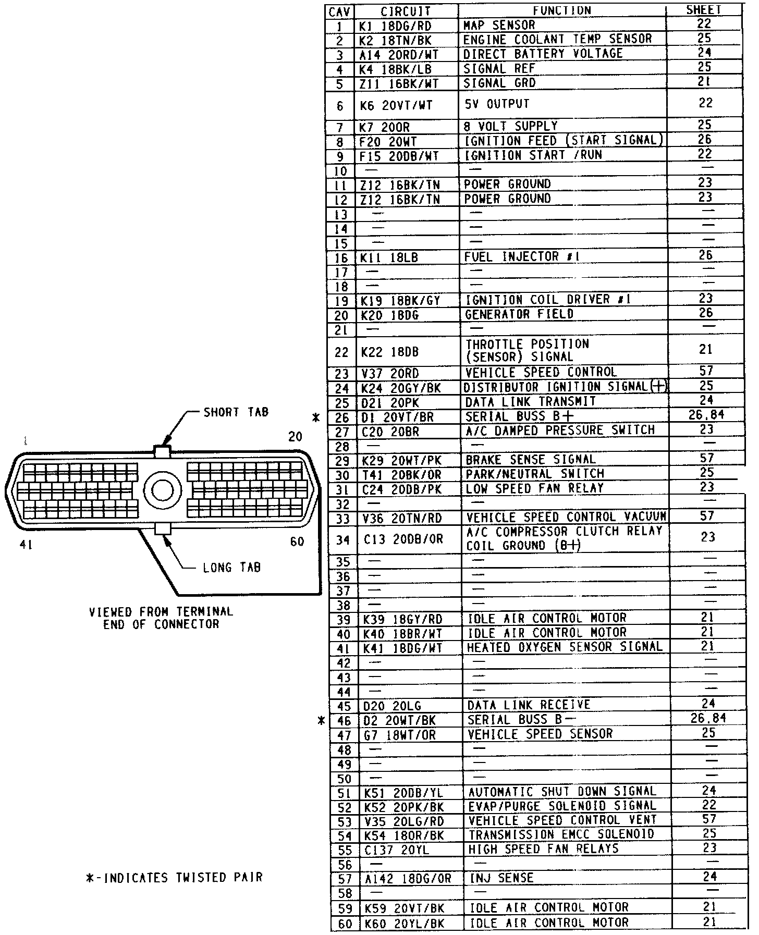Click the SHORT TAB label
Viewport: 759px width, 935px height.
(x=236, y=412)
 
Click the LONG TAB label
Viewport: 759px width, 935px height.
(x=231, y=567)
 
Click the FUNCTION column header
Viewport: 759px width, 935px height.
(x=561, y=10)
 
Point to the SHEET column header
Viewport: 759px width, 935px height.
(x=703, y=10)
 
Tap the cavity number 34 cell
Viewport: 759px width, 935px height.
(x=342, y=539)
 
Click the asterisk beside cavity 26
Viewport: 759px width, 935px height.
(x=315, y=417)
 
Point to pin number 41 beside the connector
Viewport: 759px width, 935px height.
(x=26, y=545)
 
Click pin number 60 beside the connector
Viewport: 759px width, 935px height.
(x=297, y=542)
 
